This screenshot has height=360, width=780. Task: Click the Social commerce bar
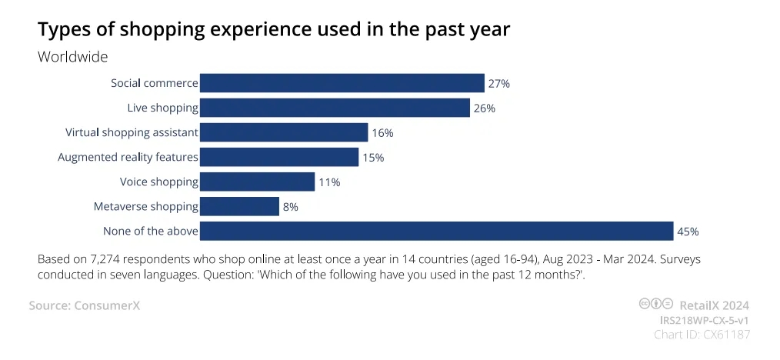pyautogui.click(x=342, y=83)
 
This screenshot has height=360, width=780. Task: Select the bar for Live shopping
pyautogui.click(x=335, y=108)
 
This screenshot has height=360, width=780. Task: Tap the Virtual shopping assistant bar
pyautogui.click(x=284, y=132)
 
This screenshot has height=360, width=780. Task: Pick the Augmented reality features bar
pyautogui.click(x=279, y=157)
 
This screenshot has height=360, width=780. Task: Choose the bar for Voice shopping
pyautogui.click(x=257, y=182)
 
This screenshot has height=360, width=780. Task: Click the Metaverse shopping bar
pyautogui.click(x=239, y=206)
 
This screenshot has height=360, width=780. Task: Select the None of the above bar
pyautogui.click(x=436, y=231)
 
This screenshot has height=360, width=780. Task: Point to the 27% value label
pyautogui.click(x=499, y=83)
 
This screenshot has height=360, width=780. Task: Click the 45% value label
pyautogui.click(x=688, y=232)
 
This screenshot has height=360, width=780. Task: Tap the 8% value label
pyautogui.click(x=290, y=207)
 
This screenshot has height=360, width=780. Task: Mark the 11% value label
pyautogui.click(x=329, y=182)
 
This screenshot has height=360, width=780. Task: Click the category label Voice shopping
pyautogui.click(x=159, y=182)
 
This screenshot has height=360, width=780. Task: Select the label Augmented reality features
pyautogui.click(x=128, y=158)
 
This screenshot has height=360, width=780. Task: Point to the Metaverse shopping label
pyautogui.click(x=145, y=207)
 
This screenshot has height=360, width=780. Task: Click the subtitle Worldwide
pyautogui.click(x=72, y=58)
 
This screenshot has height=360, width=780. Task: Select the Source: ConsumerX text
pyautogui.click(x=85, y=305)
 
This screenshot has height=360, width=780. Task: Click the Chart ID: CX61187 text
pyautogui.click(x=702, y=334)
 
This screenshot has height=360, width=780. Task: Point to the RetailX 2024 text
pyautogui.click(x=714, y=305)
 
